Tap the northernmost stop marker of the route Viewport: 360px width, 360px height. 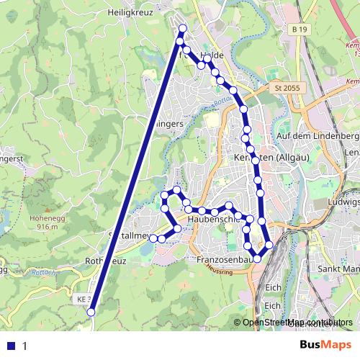point(182,28)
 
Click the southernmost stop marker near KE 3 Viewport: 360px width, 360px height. point(91,312)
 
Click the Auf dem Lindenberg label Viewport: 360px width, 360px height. point(318,135)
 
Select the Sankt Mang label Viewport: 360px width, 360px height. point(339,269)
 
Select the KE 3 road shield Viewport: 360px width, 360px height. point(84,298)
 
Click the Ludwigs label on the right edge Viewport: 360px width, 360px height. point(344,201)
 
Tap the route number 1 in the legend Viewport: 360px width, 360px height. point(24,346)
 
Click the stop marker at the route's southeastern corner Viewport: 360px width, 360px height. point(269,245)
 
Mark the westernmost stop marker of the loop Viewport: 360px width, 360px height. point(153,238)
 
